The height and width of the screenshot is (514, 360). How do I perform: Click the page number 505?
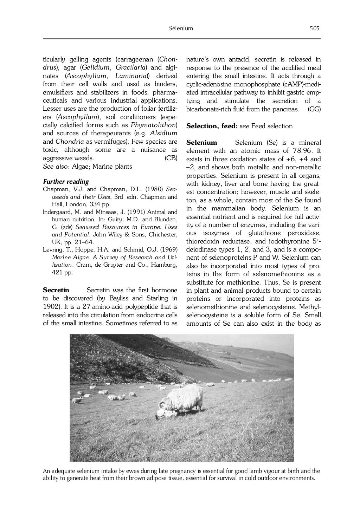tap(314, 28)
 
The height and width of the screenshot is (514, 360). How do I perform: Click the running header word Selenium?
tap(181, 28)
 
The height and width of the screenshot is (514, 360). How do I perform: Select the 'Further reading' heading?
tap(66, 182)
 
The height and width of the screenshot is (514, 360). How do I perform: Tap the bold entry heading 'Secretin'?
tap(56, 290)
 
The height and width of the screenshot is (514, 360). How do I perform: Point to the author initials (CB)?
tap(171, 158)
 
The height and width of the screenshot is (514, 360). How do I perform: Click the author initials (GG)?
tap(314, 109)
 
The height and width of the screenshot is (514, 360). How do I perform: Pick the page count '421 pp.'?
tap(62, 272)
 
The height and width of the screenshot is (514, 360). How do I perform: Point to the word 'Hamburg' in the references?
tap(166, 265)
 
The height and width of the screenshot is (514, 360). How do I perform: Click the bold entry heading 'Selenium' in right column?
tap(201, 143)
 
